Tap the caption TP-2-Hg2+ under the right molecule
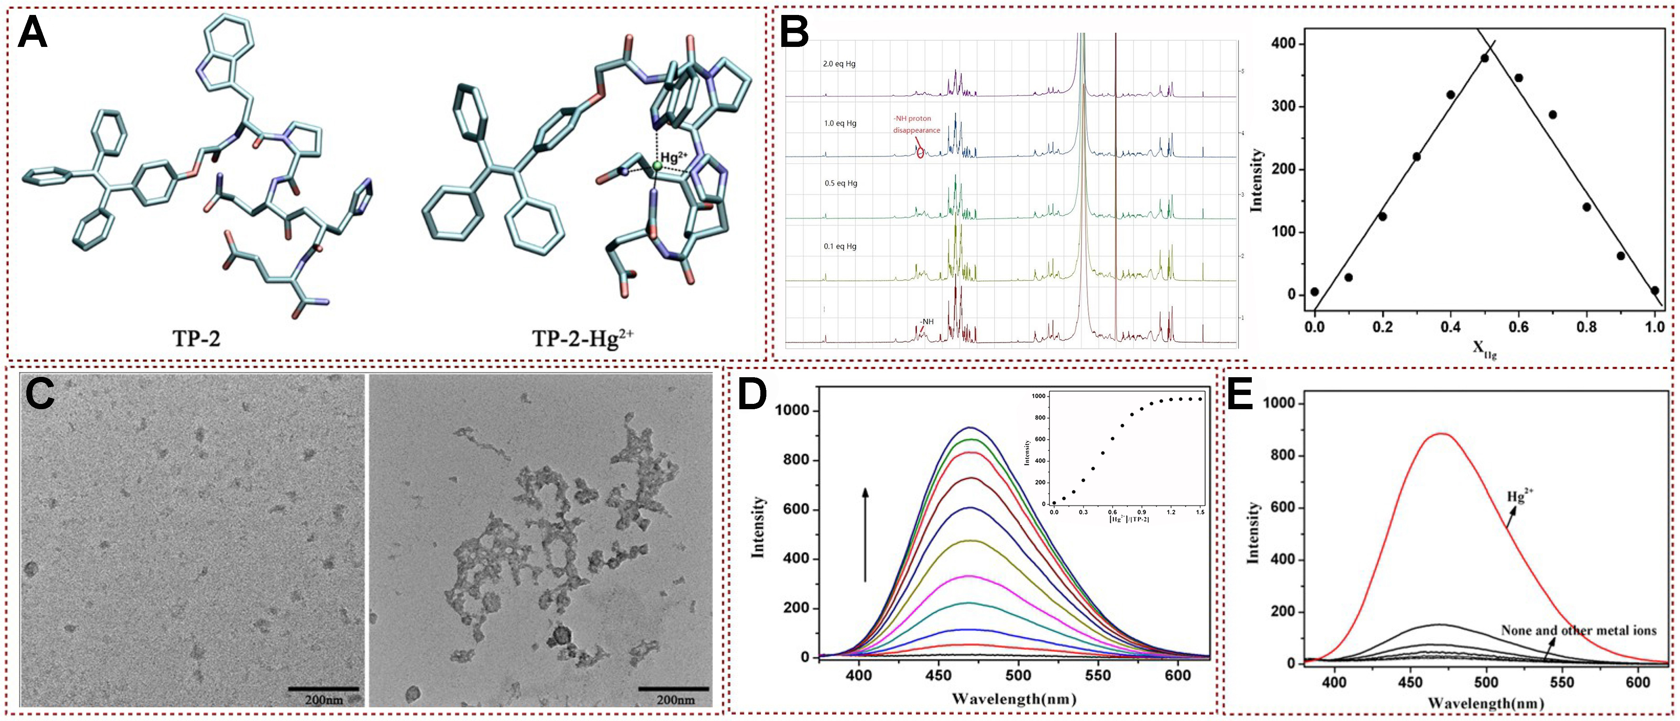(583, 338)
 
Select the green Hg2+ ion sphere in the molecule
(657, 167)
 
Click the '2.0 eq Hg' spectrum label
(839, 65)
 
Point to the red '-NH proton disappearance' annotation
(916, 124)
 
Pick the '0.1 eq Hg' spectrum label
(840, 246)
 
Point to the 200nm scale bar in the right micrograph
(674, 689)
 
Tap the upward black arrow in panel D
(866, 535)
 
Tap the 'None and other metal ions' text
(1578, 630)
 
